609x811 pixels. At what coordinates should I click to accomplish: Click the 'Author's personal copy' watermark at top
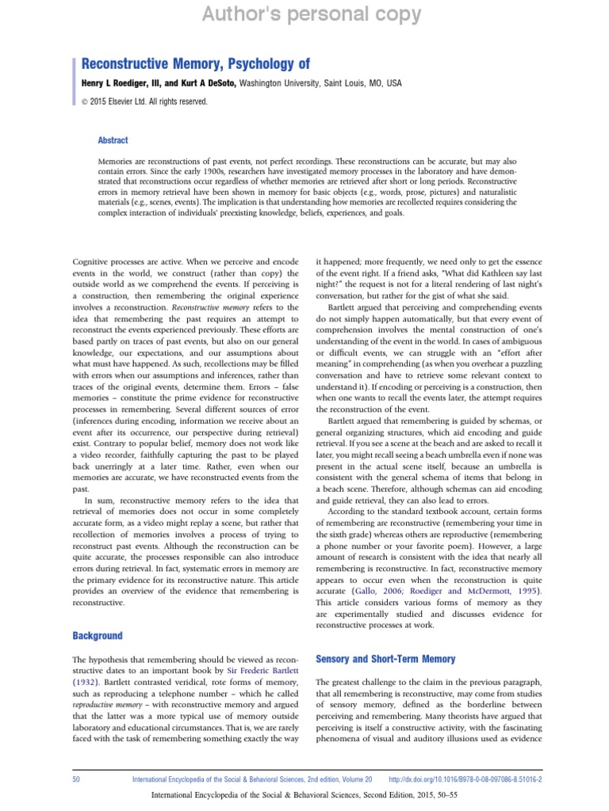coord(304,13)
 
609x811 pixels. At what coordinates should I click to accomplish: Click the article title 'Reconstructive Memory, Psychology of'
coord(196,63)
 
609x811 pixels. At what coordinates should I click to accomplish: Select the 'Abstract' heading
coord(113,140)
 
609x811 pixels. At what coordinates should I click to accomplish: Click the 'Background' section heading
coord(98,635)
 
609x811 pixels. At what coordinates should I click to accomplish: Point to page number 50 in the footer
coord(76,779)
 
